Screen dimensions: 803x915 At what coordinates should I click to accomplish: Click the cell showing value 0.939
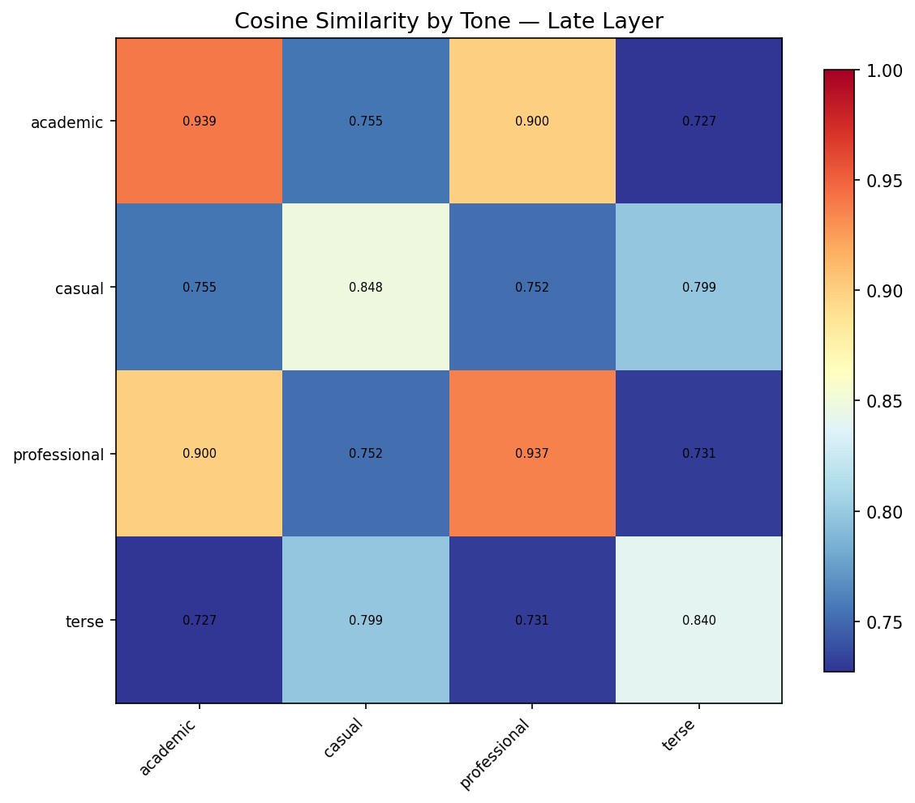199,122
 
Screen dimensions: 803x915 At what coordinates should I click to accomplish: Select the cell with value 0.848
366,288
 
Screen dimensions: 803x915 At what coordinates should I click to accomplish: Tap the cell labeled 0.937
532,454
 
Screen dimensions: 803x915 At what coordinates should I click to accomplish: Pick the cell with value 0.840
698,621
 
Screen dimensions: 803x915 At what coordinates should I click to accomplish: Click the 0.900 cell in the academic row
532,122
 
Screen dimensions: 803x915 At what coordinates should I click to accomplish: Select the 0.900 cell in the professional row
199,454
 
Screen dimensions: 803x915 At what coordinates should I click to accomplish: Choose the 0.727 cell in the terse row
199,621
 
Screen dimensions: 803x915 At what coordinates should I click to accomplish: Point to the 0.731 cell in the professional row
698,454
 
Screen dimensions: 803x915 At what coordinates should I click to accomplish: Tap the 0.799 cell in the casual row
698,288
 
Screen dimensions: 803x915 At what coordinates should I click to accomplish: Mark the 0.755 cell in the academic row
366,122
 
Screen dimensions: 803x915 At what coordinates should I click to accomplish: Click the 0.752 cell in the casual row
532,288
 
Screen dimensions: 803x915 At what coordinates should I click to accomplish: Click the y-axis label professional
58,455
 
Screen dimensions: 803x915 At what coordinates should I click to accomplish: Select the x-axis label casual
343,738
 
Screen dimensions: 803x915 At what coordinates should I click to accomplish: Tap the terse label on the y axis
84,621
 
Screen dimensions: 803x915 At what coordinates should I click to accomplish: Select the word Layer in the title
635,22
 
